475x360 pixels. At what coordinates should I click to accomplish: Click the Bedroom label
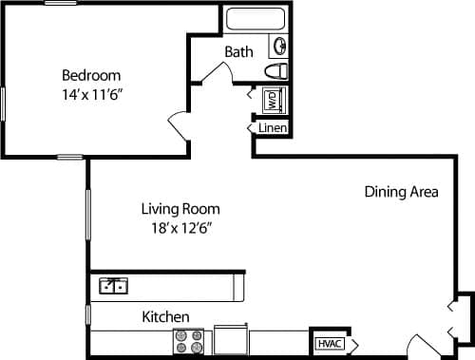[x=91, y=75]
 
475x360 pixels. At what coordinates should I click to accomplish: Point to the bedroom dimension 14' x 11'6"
[x=91, y=94]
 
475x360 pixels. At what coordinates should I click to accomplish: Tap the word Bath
[x=239, y=51]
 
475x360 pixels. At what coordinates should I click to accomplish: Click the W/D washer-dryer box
[x=271, y=99]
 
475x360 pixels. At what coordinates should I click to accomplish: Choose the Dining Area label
[x=401, y=192]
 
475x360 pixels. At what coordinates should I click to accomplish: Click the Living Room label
[x=180, y=209]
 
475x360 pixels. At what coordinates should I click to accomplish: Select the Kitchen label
[x=165, y=316]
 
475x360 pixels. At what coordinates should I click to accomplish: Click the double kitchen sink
[x=115, y=284]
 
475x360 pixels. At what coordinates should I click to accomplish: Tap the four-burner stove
[x=188, y=341]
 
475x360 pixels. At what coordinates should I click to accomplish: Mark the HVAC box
[x=329, y=343]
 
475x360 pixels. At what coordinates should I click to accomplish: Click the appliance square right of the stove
[x=231, y=340]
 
